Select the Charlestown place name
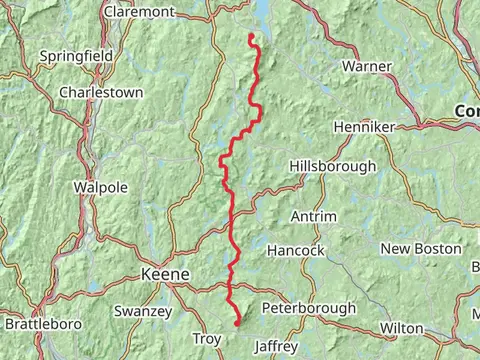coord(101,92)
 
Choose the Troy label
coord(206,340)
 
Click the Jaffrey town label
coord(276,346)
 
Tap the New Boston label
coord(421,248)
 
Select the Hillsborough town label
coord(333,166)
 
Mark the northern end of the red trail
coord(250,36)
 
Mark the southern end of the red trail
coord(237,323)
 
